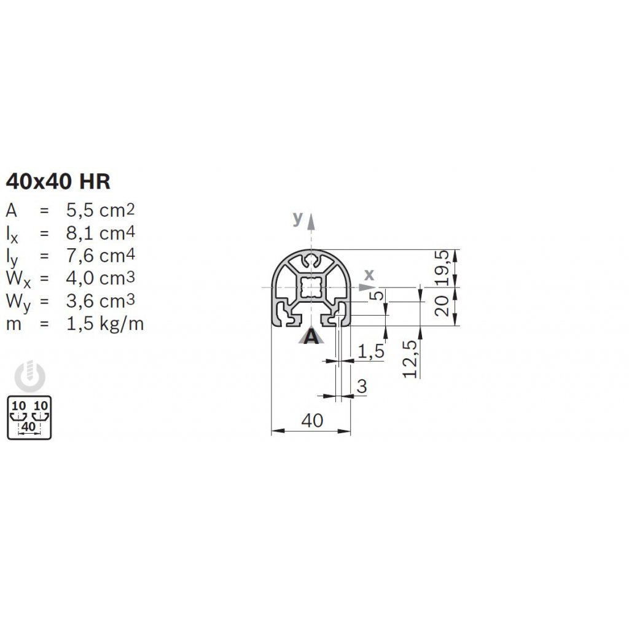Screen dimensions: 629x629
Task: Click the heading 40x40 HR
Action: click(x=58, y=181)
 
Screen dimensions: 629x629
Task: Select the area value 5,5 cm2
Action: click(x=100, y=210)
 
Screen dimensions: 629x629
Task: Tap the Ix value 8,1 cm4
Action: click(x=100, y=233)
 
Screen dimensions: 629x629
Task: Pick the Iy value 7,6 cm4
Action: click(x=100, y=256)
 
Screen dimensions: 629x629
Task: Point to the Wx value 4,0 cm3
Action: click(x=100, y=278)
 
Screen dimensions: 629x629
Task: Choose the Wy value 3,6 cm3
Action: click(x=100, y=301)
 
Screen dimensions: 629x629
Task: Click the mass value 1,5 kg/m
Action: click(x=104, y=324)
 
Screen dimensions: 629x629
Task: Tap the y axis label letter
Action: click(x=298, y=218)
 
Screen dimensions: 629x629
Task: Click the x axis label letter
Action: click(x=369, y=275)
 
